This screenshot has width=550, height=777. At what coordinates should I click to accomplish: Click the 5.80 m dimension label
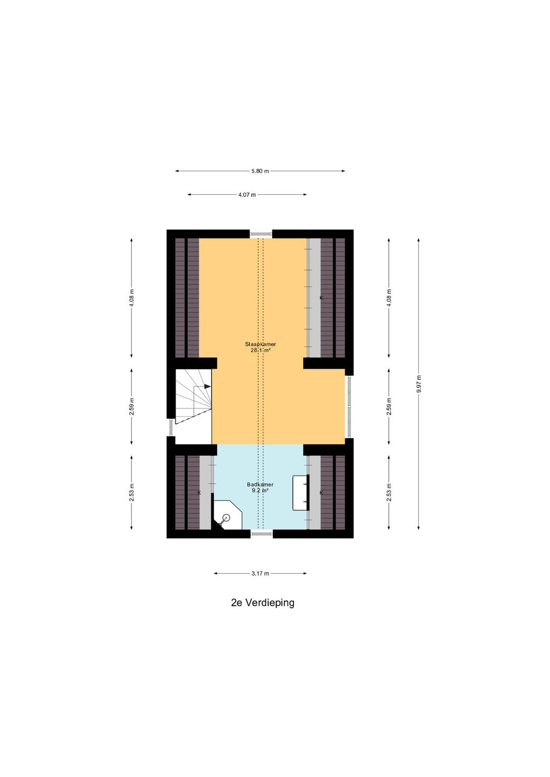(x=260, y=171)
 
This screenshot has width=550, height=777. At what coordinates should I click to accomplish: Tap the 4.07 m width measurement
(x=247, y=195)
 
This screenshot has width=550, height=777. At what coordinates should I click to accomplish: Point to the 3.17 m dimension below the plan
(x=260, y=574)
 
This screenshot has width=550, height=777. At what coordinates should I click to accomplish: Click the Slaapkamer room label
(x=260, y=344)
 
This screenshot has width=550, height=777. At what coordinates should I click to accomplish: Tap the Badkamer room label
(x=260, y=484)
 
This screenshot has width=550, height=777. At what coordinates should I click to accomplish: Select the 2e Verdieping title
(x=263, y=603)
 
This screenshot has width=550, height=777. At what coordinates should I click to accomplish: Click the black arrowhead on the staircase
(x=207, y=386)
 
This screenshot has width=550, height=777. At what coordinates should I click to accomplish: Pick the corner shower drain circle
(x=226, y=518)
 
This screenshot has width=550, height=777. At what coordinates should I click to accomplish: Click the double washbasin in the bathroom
(x=301, y=493)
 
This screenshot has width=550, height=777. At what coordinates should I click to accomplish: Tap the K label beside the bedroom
(x=321, y=298)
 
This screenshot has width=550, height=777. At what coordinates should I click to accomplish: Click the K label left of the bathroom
(x=199, y=493)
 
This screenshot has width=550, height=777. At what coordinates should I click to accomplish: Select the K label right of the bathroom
(x=321, y=493)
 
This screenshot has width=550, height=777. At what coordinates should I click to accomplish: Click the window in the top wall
(x=261, y=234)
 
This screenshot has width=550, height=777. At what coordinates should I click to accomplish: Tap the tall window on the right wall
(x=348, y=406)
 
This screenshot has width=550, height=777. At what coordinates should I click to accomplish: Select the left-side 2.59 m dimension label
(x=132, y=406)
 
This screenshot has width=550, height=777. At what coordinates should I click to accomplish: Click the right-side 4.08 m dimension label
(x=389, y=298)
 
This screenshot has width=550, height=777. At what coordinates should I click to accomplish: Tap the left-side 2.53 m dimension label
(x=132, y=493)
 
